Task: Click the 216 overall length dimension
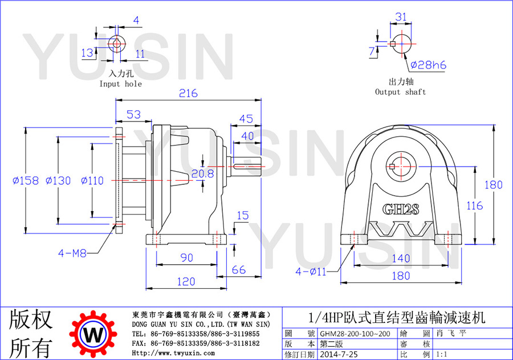[x=188, y=94]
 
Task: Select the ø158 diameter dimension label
[x=26, y=180]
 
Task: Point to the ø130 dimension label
[x=58, y=180]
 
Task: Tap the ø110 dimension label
[x=92, y=180]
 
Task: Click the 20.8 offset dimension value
[x=202, y=173]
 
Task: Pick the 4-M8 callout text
[x=72, y=253]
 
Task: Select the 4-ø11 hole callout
[x=311, y=271]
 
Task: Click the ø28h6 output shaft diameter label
[x=428, y=65]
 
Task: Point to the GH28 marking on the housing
[x=401, y=209]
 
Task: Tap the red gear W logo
[x=93, y=334]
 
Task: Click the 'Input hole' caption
[x=121, y=84]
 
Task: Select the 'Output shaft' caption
[x=401, y=92]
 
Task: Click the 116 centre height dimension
[x=474, y=206]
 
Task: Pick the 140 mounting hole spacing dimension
[x=401, y=258]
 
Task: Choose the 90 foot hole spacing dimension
[x=187, y=257]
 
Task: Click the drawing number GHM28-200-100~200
[x=355, y=333]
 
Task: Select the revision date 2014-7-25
[x=339, y=354]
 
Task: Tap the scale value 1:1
[x=442, y=354]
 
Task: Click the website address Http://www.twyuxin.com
[x=173, y=353]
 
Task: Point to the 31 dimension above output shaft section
[x=401, y=17]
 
